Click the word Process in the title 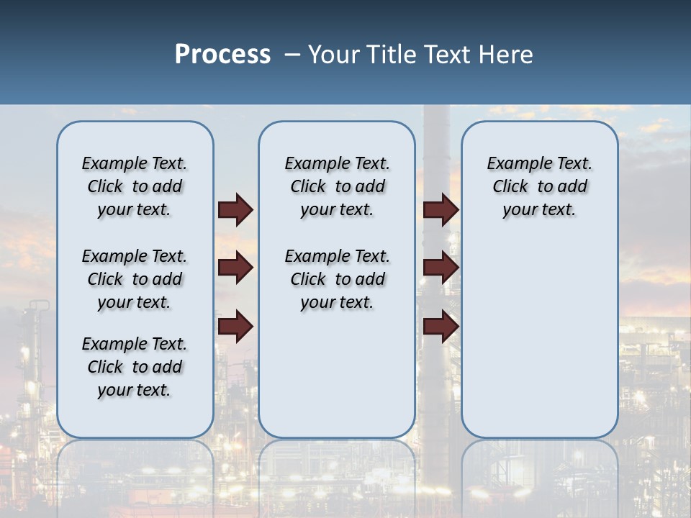click(x=222, y=55)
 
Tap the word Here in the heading click(x=507, y=55)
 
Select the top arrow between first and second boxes click(x=235, y=209)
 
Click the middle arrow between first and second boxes click(x=235, y=268)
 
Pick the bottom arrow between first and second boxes click(x=235, y=326)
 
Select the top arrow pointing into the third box click(x=441, y=209)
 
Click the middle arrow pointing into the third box click(x=441, y=268)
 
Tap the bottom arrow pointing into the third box click(x=441, y=326)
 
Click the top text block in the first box click(x=135, y=186)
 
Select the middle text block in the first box click(x=135, y=279)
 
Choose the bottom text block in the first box click(x=135, y=367)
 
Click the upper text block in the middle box click(x=337, y=186)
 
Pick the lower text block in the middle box click(x=337, y=279)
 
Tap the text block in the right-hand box click(x=539, y=186)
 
